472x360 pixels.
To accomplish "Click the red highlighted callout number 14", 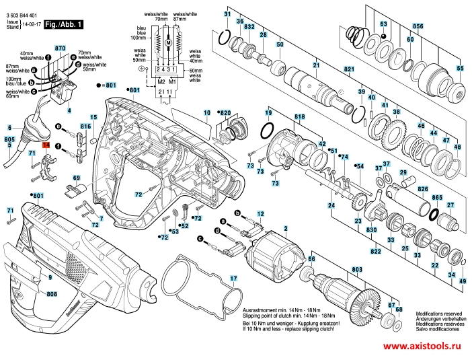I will (x=46, y=145).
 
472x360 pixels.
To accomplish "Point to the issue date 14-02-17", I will (x=32, y=25).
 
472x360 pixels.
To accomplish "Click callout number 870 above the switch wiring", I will (x=61, y=48).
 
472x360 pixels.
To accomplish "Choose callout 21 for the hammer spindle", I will (x=315, y=65).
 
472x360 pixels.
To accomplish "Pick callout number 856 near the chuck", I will (x=418, y=26).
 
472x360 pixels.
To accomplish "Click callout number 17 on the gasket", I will (x=233, y=279).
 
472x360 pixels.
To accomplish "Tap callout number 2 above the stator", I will (x=285, y=230).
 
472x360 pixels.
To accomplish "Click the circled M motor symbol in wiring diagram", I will (x=168, y=43).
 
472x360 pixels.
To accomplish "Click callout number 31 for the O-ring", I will (x=227, y=15).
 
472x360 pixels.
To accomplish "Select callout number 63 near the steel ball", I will (x=383, y=24).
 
